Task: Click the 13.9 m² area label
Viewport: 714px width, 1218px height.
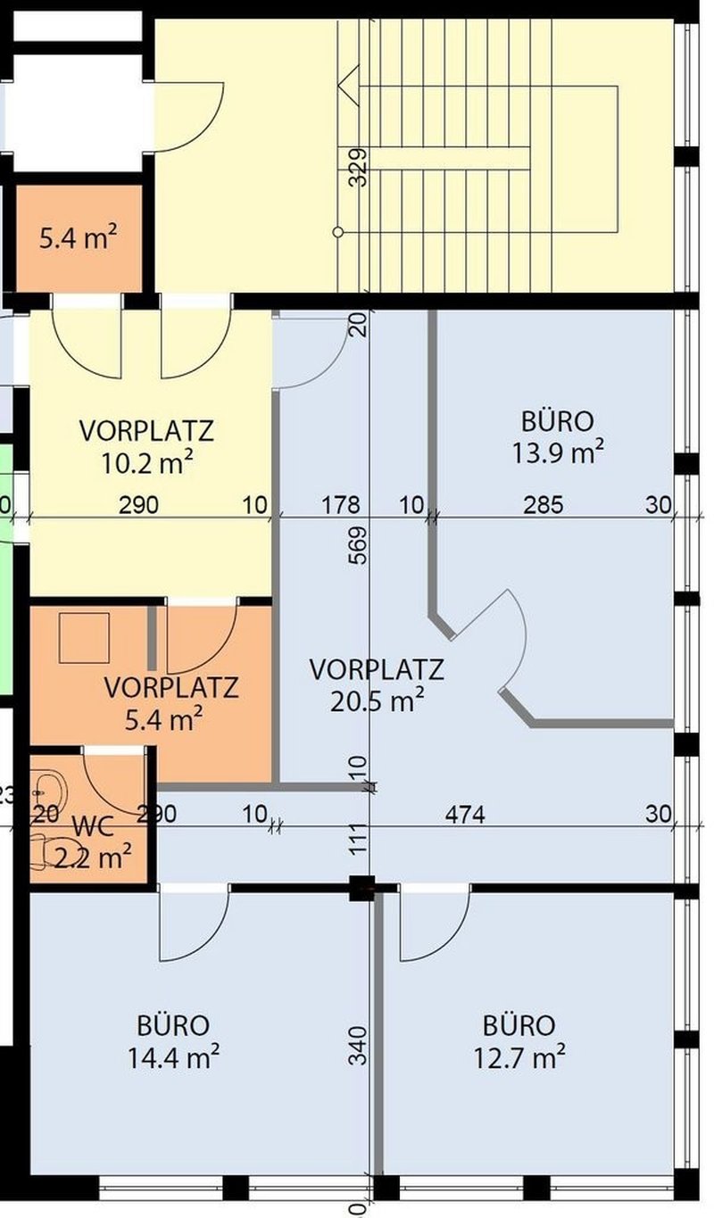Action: (557, 452)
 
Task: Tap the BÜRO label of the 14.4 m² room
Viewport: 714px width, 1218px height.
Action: (173, 1024)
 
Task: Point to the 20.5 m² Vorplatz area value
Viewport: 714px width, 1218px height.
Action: (376, 701)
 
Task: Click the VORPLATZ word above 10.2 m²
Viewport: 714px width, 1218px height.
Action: (146, 431)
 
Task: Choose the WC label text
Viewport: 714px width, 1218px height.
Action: (94, 826)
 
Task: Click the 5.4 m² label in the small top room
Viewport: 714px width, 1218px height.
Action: (79, 238)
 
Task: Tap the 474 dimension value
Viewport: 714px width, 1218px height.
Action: (465, 814)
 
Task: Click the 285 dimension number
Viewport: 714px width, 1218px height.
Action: (543, 505)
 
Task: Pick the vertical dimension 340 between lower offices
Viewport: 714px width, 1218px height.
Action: (358, 1045)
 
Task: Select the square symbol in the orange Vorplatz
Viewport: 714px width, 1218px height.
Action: (84, 637)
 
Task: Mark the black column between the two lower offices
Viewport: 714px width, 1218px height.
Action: (361, 888)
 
